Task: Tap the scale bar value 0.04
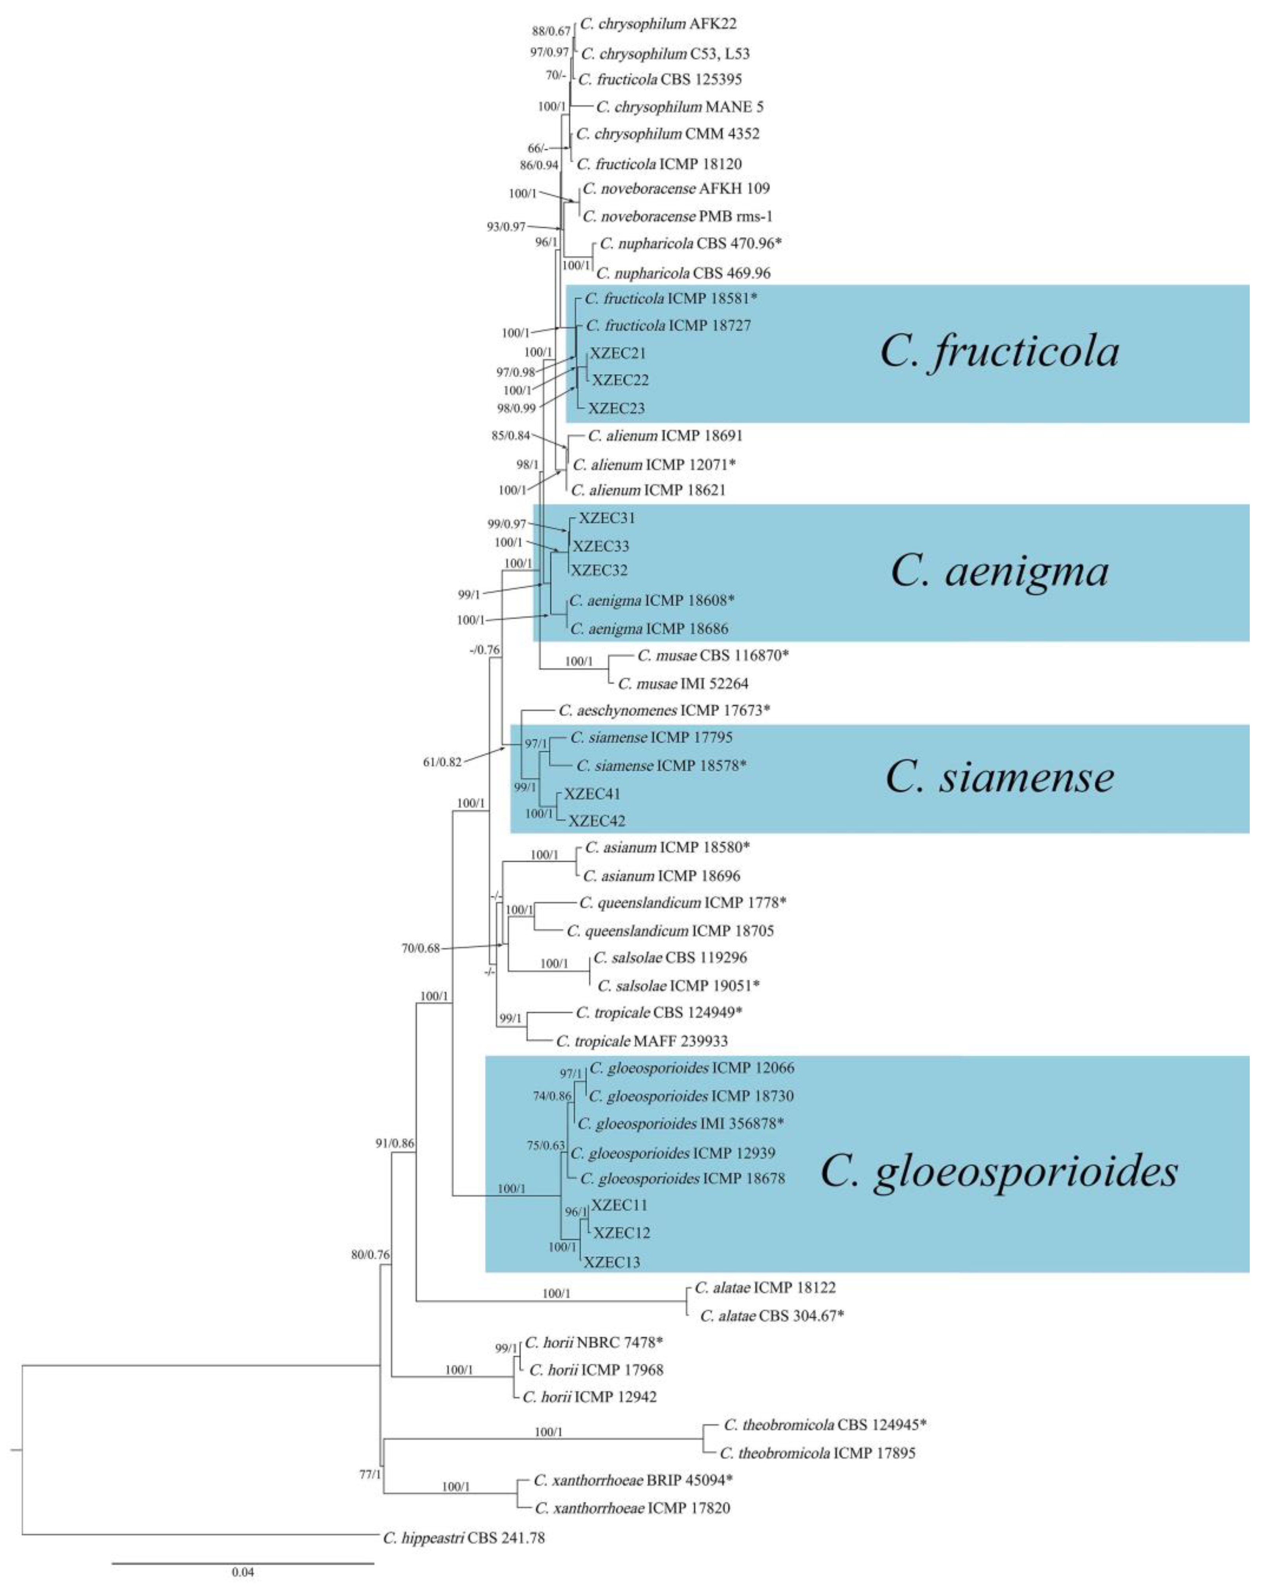pos(243,1572)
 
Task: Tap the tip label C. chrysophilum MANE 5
pos(679,107)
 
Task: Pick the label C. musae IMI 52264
pos(683,683)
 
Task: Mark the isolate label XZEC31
pos(606,517)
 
